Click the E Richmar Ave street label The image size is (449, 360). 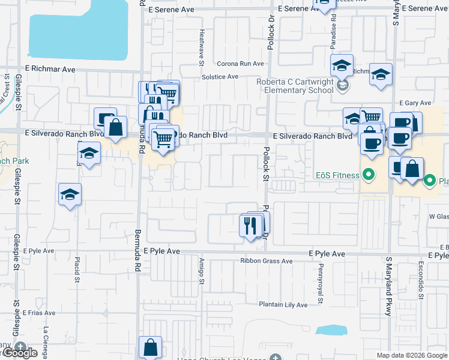pyautogui.click(x=50, y=70)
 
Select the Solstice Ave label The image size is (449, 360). pyautogui.click(x=220, y=77)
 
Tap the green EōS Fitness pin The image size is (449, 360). pyautogui.click(x=370, y=175)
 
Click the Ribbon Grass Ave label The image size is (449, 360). pyautogui.click(x=266, y=261)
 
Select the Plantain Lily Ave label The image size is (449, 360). pyautogui.click(x=283, y=305)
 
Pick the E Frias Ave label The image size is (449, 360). pyautogui.click(x=40, y=313)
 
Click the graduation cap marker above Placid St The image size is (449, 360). pyautogui.click(x=70, y=194)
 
